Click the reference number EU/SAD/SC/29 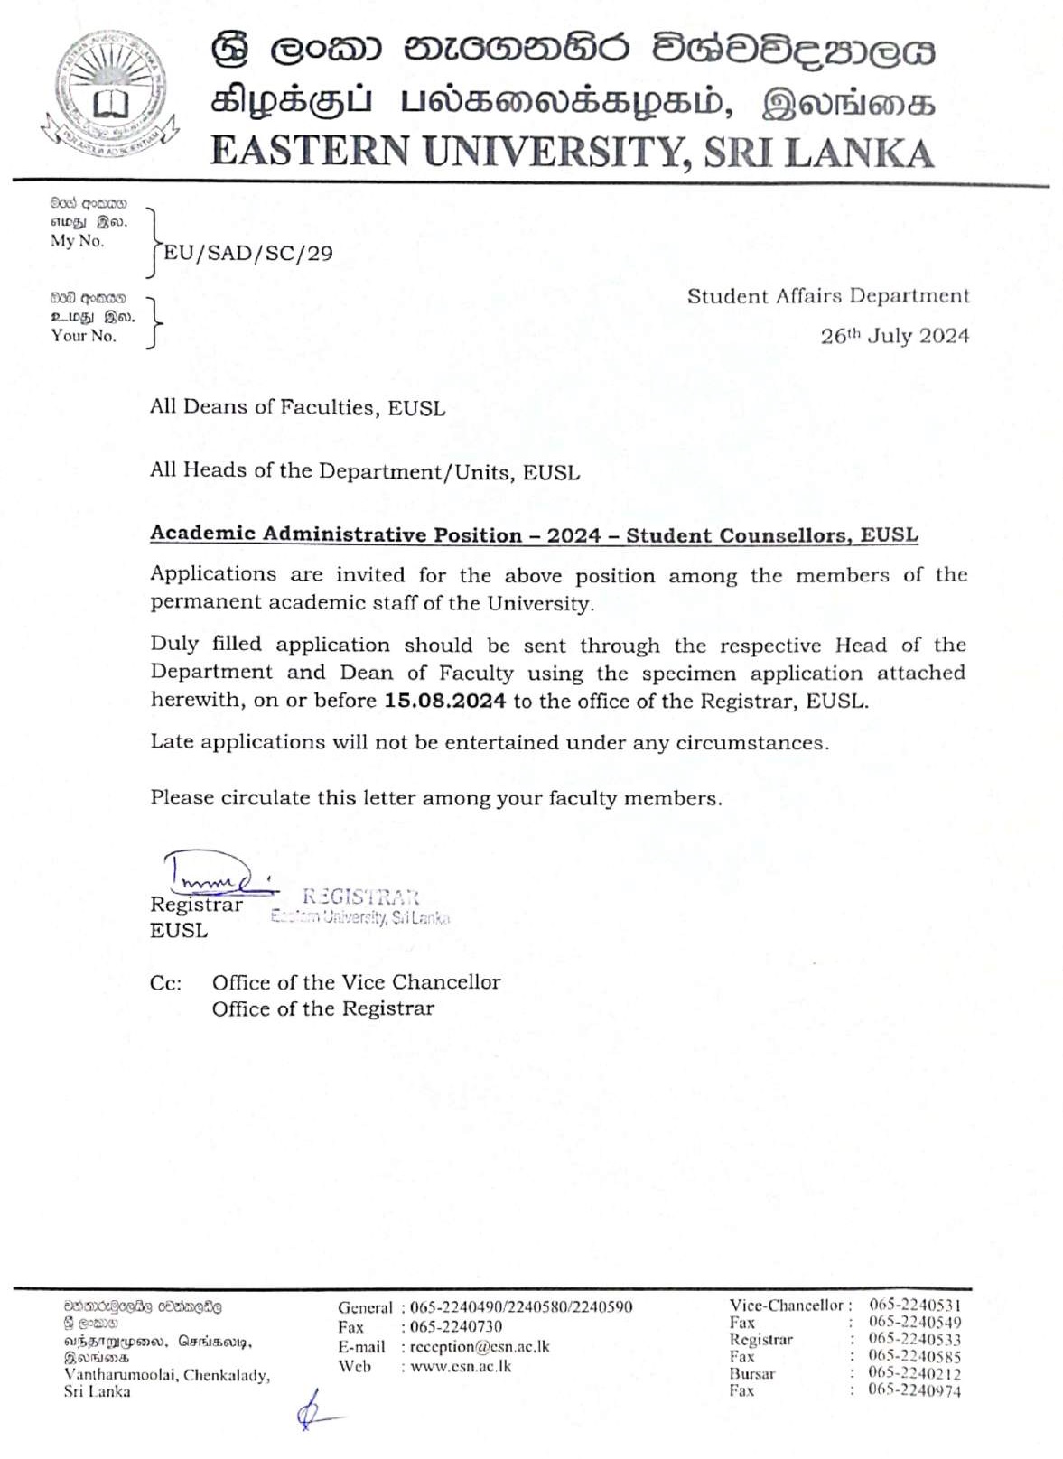247,253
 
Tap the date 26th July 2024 894,336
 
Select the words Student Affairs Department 827,296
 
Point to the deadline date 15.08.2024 444,701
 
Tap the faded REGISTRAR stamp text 360,897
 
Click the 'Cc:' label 165,983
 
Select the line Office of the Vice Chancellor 356,982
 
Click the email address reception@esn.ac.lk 479,1346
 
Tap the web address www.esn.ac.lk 461,1366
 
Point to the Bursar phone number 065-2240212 914,1373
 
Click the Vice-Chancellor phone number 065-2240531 914,1305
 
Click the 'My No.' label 78,241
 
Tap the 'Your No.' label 83,336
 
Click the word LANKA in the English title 858,152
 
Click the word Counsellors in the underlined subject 782,534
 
